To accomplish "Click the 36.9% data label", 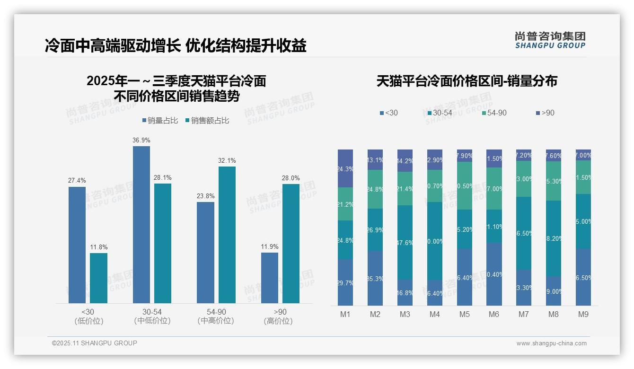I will pyautogui.click(x=141, y=141).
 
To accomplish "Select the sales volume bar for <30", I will pyautogui.click(x=77, y=245).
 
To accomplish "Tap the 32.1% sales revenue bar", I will pyautogui.click(x=227, y=235).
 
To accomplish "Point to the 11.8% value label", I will pyautogui.click(x=99, y=247).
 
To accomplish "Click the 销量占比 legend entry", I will pyautogui.click(x=160, y=121).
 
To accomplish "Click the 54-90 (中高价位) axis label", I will pyautogui.click(x=216, y=316).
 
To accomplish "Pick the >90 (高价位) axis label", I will pyautogui.click(x=280, y=316).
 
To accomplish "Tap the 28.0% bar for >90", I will pyautogui.click(x=291, y=243).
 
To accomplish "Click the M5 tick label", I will pyautogui.click(x=465, y=315).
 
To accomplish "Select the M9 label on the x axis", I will pyautogui.click(x=583, y=315).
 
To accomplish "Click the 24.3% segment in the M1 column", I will pyautogui.click(x=345, y=168).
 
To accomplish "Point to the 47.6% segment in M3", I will pyautogui.click(x=405, y=242).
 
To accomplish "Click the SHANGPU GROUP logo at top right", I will pyautogui.click(x=550, y=40).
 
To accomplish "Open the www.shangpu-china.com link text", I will pyautogui.click(x=551, y=343).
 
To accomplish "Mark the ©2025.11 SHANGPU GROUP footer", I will pyautogui.click(x=95, y=343).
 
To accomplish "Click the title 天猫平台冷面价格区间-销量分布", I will pyautogui.click(x=467, y=81).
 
